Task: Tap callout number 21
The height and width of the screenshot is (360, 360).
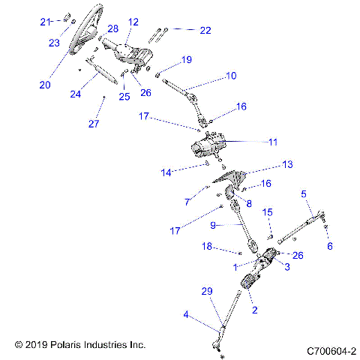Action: point(44,21)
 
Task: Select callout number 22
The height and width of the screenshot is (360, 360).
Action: point(205,30)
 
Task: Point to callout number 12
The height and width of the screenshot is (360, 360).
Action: point(133,22)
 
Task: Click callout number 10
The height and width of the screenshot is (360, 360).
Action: point(230,76)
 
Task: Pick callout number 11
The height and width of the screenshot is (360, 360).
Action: point(273,141)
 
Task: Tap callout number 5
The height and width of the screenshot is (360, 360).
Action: point(304,194)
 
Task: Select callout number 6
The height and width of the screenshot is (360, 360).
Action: point(330,244)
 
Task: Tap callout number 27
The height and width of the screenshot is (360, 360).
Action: point(94,124)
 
